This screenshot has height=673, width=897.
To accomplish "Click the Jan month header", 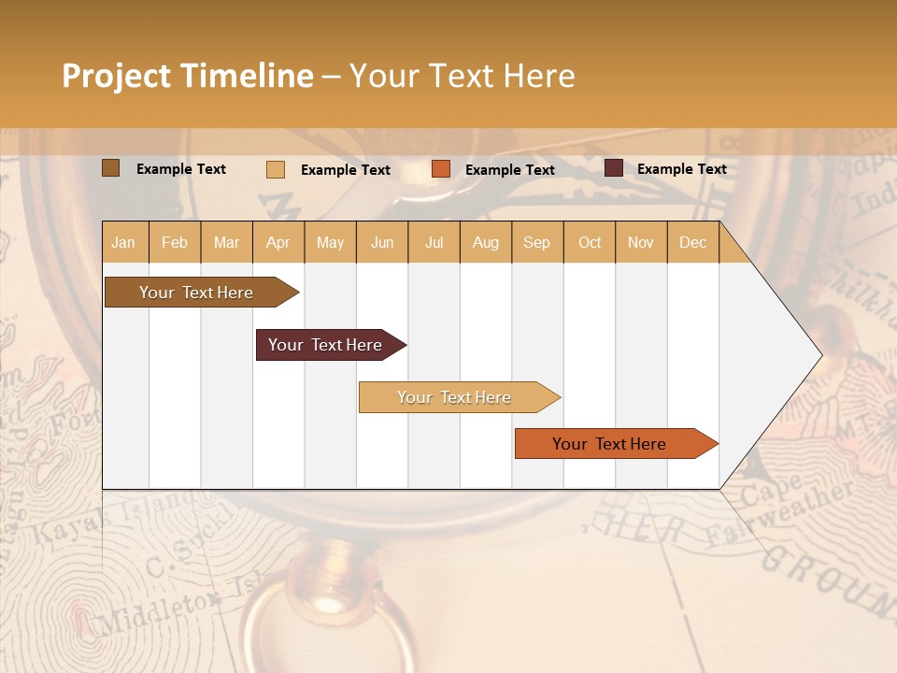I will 123,242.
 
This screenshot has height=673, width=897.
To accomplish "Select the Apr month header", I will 278,242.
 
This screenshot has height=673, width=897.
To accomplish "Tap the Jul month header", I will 434,242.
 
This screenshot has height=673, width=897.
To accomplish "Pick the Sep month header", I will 536,242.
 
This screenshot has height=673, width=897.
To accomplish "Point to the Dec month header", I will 692,242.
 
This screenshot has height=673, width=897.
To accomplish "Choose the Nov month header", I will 640,242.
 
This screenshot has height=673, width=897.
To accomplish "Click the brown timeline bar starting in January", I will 196,293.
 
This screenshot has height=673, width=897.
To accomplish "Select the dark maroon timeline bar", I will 325,345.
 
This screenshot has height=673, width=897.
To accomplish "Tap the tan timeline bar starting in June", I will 454,397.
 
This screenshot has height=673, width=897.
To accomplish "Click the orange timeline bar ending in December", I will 609,444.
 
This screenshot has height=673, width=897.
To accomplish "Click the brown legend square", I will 111,168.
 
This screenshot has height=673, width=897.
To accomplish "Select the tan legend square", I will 276,169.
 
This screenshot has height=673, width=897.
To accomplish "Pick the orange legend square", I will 441,169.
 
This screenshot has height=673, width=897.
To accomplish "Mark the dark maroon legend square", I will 614,168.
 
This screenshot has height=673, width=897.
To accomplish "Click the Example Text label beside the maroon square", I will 681,168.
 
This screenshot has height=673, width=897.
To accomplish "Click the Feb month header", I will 175,242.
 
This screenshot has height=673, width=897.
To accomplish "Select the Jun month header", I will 382,242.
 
